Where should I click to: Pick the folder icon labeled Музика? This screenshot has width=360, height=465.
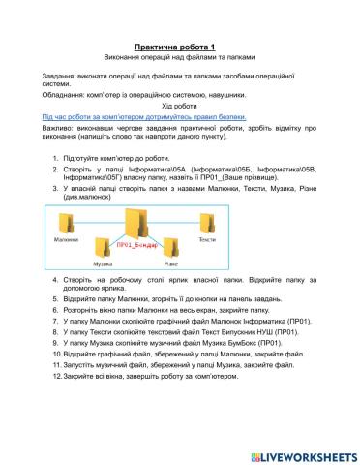point(103,249)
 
